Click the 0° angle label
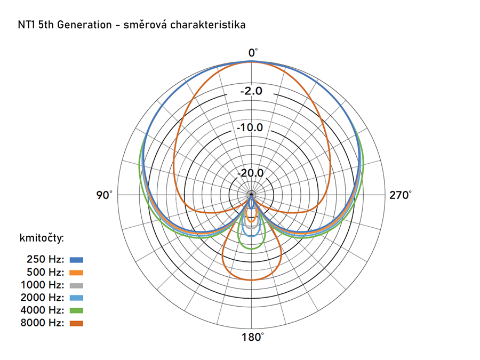point(253,52)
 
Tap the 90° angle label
point(105,195)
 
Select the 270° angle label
point(400,195)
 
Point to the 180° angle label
point(252,337)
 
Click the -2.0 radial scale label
point(251,91)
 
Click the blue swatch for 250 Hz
point(77,260)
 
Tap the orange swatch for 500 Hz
point(77,273)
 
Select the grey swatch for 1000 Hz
point(77,285)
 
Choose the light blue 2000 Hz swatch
point(77,298)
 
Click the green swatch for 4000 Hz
point(77,310)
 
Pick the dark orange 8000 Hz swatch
point(77,323)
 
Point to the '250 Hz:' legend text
point(45,260)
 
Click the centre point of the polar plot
point(251,195)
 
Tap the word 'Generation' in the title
point(84,25)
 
